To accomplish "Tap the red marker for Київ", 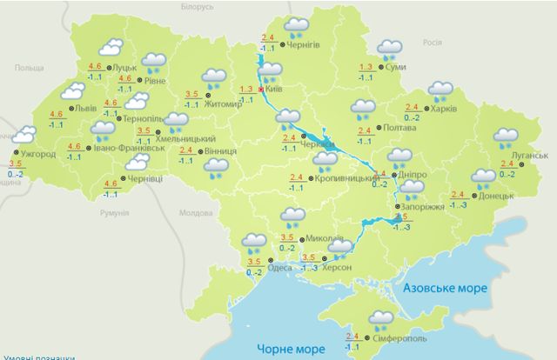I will pos(261,89).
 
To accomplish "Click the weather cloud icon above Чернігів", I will pos(298,26).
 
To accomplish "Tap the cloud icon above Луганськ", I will pos(506,137).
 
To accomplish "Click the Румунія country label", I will pos(113,212).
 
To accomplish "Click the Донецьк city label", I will pos(495,196).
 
